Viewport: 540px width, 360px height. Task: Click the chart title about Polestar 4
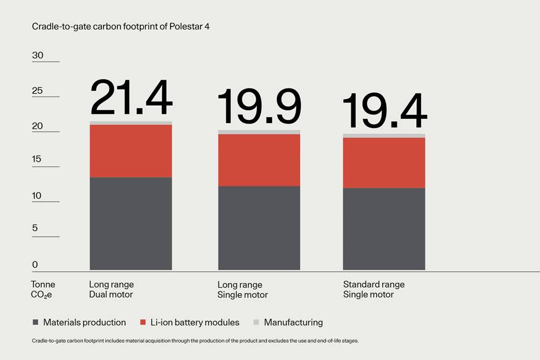pyautogui.click(x=120, y=26)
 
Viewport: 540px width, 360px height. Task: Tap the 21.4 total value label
pyautogui.click(x=131, y=98)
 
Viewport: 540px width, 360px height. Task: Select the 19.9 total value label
pyautogui.click(x=259, y=107)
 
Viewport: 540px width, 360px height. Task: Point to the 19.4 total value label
pyautogui.click(x=384, y=111)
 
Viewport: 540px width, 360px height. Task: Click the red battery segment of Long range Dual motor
pyautogui.click(x=131, y=151)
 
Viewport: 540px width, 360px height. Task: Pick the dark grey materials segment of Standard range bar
pyautogui.click(x=384, y=229)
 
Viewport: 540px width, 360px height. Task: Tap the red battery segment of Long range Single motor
pyautogui.click(x=259, y=160)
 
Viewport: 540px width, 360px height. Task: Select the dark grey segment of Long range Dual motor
pyautogui.click(x=131, y=223)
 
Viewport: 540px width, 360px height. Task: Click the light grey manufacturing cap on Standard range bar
pyautogui.click(x=384, y=135)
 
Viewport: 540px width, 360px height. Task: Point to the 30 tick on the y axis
pyautogui.click(x=38, y=56)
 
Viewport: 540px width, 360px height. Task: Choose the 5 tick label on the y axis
pyautogui.click(x=36, y=228)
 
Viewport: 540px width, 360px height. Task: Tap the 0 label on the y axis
pyautogui.click(x=36, y=264)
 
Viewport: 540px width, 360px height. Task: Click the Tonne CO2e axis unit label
pyautogui.click(x=43, y=289)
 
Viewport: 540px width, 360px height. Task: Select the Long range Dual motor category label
pyautogui.click(x=111, y=289)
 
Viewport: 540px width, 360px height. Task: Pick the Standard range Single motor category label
pyautogui.click(x=374, y=289)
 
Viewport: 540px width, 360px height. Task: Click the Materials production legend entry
pyautogui.click(x=84, y=322)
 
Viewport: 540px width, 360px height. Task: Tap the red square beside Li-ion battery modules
pyautogui.click(x=143, y=322)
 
